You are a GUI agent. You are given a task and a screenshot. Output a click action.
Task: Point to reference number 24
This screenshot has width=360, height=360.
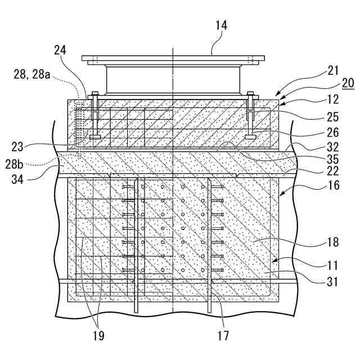pyautogui.click(x=60, y=50)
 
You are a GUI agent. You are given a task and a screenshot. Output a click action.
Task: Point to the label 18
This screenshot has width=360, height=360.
pyautogui.click(x=332, y=242)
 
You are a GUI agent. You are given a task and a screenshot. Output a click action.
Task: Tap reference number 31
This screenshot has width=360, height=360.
pyautogui.click(x=332, y=281)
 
